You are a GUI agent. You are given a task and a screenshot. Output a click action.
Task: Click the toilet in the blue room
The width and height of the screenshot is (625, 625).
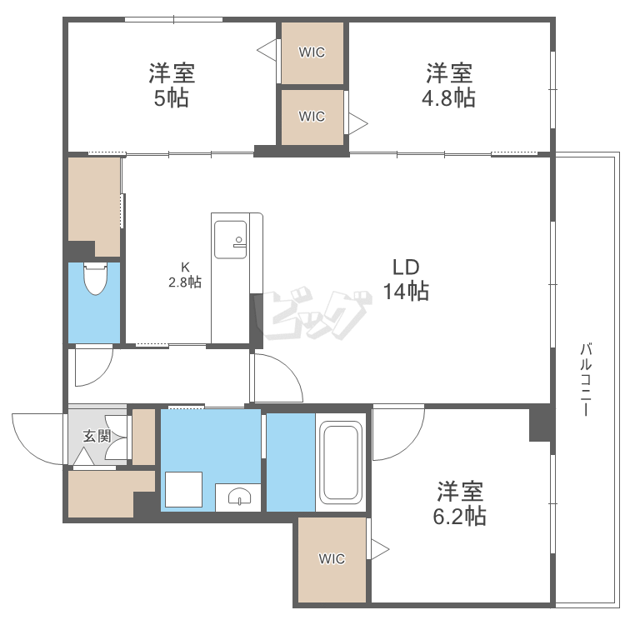pos(96,278)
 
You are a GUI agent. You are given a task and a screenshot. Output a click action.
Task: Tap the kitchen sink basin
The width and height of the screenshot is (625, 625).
pos(230,239)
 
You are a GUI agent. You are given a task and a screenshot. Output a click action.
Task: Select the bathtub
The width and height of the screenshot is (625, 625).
pos(341,462)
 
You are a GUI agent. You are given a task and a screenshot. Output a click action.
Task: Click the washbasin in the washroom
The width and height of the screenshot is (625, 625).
pos(239,497)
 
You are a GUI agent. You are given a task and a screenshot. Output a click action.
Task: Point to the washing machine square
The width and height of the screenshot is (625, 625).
pos(184,489)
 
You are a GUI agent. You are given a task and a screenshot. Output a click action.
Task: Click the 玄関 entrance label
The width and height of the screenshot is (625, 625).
pos(97,436)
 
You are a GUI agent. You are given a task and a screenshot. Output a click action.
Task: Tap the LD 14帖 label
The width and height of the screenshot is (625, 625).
pos(406,279)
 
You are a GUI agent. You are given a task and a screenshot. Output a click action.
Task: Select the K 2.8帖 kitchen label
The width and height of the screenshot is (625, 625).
pos(185,275)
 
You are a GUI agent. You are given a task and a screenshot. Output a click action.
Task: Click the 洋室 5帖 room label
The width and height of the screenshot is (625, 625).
pos(172,85)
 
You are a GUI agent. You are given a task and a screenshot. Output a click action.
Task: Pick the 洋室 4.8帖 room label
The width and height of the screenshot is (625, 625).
pos(449,85)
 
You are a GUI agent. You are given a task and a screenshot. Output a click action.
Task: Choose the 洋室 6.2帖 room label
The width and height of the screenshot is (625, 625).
pos(460,503)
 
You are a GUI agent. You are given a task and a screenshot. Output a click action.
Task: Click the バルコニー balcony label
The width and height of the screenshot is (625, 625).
pos(586,379)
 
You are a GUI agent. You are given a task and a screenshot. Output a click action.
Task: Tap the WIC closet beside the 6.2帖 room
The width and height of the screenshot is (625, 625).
pos(332,559)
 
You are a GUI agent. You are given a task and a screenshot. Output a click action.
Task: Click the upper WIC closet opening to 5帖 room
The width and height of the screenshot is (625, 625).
pos(312,53)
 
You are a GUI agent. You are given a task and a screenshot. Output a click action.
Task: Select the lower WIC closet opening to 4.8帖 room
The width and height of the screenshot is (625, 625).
pos(312,117)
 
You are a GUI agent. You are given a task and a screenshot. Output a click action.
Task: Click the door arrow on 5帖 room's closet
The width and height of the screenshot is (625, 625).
pos(267,50)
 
